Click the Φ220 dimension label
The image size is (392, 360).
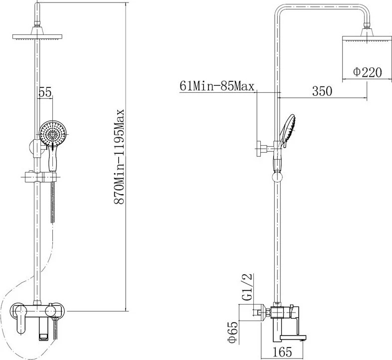point(368,72)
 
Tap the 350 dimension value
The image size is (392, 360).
point(322,91)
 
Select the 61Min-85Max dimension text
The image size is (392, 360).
point(217,86)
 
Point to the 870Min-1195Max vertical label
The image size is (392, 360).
point(119,156)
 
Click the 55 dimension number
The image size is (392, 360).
point(45,92)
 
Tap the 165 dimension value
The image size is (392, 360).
point(282,352)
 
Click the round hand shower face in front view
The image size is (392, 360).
point(52,133)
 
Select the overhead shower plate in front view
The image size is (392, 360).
point(37,37)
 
